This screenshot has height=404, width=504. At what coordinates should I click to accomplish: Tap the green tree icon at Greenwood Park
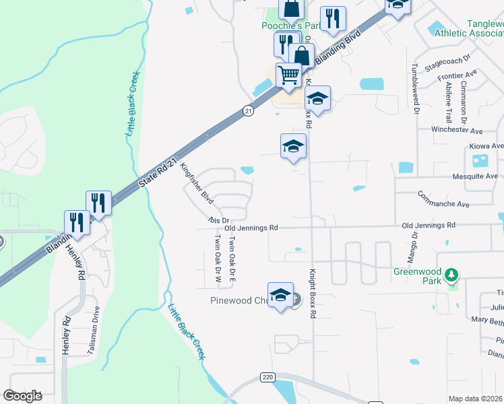[x=452, y=275]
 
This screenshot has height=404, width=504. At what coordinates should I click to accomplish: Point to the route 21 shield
[x=248, y=111]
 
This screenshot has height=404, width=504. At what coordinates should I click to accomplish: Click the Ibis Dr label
[x=219, y=220]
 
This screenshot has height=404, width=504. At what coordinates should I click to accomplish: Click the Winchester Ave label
[x=458, y=130]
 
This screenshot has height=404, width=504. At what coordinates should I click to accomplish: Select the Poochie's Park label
[x=290, y=26]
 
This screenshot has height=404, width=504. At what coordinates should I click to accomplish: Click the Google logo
[x=22, y=396]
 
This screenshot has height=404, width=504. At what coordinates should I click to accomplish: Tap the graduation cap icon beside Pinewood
[x=280, y=295]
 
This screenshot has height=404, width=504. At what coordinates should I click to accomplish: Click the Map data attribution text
[x=476, y=399]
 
